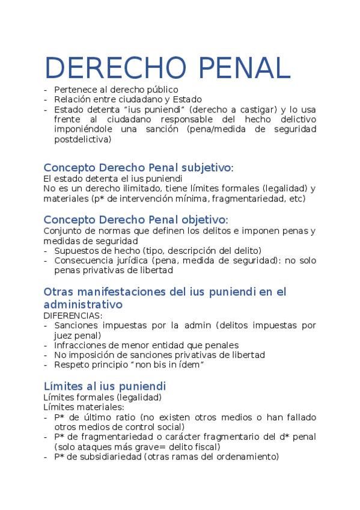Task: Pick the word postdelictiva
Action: [x=82, y=139]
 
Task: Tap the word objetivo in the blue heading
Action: [x=199, y=220]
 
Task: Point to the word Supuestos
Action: [x=76, y=250]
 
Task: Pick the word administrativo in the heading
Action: [x=83, y=304]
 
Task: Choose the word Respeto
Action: [x=70, y=364]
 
